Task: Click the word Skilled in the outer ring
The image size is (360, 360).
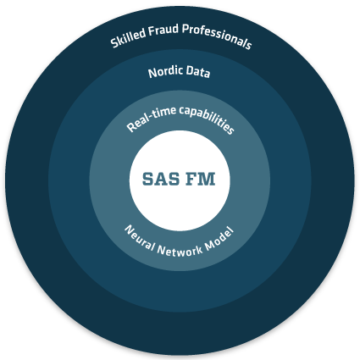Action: pos(128,37)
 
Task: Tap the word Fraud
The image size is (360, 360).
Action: pos(163,30)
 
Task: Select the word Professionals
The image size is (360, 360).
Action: pos(217,36)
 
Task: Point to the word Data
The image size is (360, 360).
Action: pos(198,72)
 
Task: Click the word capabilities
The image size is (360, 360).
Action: pos(207,119)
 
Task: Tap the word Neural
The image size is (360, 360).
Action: pos(139,238)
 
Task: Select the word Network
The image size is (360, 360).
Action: pos(180,250)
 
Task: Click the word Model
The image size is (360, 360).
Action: pos(219,239)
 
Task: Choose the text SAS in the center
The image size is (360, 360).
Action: pos(161,179)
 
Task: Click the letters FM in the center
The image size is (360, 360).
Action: pos(201,179)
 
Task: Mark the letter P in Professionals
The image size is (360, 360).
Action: pos(186,29)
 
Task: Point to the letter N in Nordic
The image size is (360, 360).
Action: pos(152,73)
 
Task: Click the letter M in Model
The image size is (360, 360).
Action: pos(210,245)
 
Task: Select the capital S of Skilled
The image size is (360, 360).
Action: pos(114,42)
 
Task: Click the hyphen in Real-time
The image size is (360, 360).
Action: pos(153,114)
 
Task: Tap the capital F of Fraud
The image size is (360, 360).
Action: pos(152,30)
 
